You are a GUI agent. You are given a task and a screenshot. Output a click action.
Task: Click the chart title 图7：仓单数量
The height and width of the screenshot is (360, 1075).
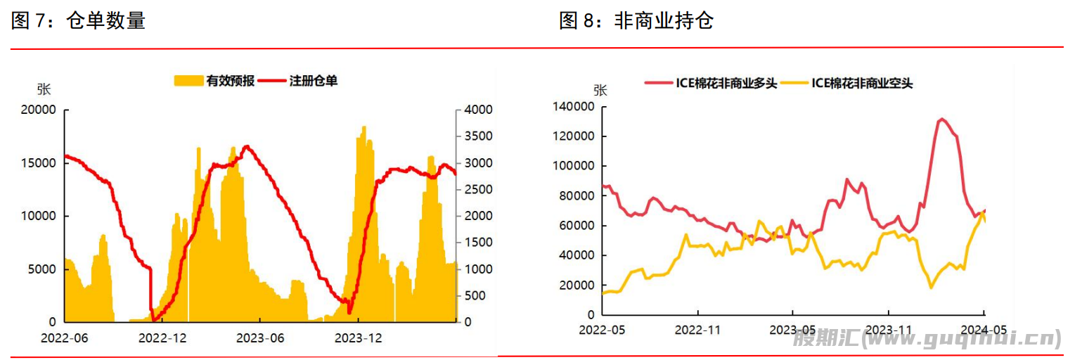tap(78, 21)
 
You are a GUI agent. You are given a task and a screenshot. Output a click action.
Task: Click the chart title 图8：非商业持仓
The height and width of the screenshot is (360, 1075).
tap(636, 21)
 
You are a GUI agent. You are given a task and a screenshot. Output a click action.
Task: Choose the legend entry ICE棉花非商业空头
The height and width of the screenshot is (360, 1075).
tap(862, 83)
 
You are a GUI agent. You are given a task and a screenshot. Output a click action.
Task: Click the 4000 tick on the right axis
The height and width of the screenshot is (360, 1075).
tap(478, 110)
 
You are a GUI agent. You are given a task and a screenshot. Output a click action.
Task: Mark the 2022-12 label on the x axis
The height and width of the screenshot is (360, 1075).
tap(162, 338)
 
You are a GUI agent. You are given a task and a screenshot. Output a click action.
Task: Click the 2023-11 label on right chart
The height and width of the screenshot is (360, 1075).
tap(889, 330)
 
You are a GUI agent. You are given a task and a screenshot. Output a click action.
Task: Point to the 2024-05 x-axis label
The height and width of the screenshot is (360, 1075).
tap(984, 330)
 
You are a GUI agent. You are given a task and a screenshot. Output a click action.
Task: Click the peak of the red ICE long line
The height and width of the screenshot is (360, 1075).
tap(941, 120)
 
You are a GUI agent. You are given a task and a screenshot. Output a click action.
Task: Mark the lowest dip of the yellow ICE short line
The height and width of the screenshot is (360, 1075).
tap(931, 287)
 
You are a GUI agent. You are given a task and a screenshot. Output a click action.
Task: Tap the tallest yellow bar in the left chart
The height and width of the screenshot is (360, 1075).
tap(363, 128)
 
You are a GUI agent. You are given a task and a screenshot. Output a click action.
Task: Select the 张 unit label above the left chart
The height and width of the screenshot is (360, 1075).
tap(44, 89)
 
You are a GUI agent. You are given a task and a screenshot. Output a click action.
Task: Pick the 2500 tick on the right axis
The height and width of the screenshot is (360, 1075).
tap(478, 190)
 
